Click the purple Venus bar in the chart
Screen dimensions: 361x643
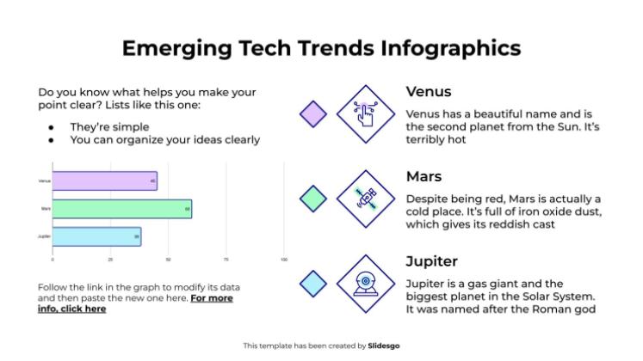(104, 180)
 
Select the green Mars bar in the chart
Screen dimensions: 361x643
(121, 208)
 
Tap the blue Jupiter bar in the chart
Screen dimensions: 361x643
(96, 236)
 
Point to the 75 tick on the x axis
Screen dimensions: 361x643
(226, 259)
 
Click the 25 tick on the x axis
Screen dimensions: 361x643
(110, 259)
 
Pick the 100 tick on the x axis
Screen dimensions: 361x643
(283, 259)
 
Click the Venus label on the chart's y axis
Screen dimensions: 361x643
(44, 180)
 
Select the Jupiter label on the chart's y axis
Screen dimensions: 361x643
(43, 236)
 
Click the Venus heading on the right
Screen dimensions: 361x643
(429, 92)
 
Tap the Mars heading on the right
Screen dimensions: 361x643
(424, 176)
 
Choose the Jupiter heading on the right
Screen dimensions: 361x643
(431, 260)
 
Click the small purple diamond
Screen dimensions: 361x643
(312, 113)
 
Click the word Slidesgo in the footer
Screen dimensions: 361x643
(385, 346)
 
